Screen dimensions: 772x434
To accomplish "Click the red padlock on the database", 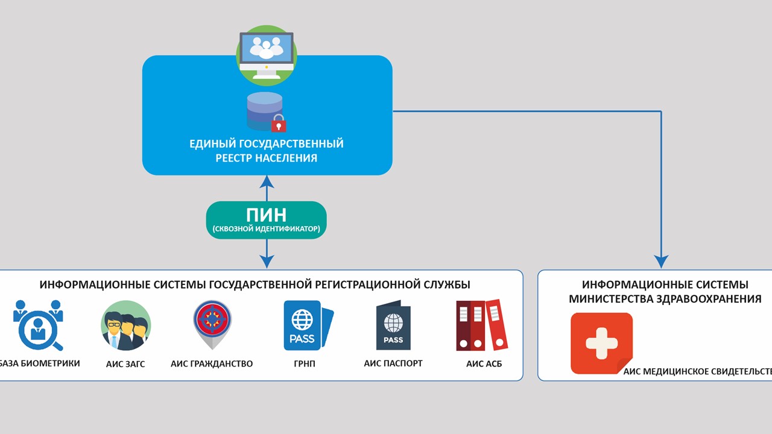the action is [x=279, y=123].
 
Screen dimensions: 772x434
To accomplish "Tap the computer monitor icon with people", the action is [x=267, y=55].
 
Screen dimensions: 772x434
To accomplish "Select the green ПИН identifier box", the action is [x=267, y=220].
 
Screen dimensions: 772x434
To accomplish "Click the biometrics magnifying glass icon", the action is [x=38, y=325].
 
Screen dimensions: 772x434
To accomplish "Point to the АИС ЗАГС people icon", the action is [x=126, y=325].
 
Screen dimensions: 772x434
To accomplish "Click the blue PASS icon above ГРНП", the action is [x=308, y=325].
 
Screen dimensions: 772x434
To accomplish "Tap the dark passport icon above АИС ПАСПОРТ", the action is [x=393, y=325].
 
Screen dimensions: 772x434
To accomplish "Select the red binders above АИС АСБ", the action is [x=482, y=325].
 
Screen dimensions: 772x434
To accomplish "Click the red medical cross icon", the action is [x=602, y=344].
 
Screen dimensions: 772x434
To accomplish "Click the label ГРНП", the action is [x=305, y=363].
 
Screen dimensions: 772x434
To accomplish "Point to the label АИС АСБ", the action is [x=484, y=363].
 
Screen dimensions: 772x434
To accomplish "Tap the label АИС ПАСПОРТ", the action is [x=393, y=363].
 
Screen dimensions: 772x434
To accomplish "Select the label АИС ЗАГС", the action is [x=125, y=364].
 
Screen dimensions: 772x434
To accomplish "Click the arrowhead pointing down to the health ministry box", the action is [x=661, y=262].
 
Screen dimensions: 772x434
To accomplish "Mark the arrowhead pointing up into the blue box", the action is [x=267, y=181].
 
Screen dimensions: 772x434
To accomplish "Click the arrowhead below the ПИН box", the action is [x=267, y=262].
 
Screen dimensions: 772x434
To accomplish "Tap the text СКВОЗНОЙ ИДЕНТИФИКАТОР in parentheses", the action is [x=267, y=228].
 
